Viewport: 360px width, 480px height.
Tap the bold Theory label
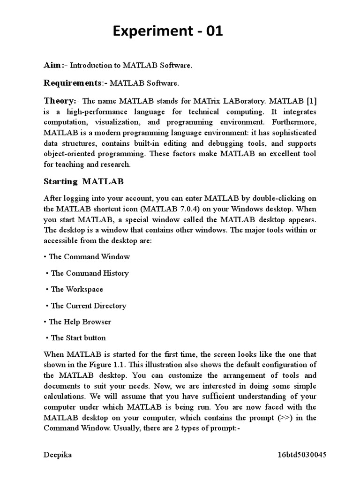pos(59,101)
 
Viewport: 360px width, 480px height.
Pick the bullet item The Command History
pos(89,273)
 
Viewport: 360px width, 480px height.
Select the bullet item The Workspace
pos(76,289)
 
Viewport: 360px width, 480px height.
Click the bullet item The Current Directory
pos(88,306)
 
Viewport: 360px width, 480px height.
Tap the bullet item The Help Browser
pos(80,322)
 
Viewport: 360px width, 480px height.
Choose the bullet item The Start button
pos(78,337)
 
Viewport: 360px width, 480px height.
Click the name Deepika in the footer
pos(58,455)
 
